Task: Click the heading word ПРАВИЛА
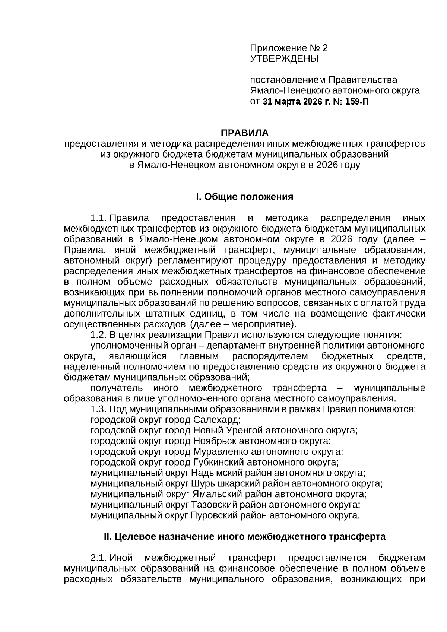point(245,133)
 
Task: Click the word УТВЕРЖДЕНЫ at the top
point(284,59)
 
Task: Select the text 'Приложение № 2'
point(289,48)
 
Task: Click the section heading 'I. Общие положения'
point(245,197)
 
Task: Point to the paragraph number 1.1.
point(99,218)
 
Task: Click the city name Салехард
point(217,420)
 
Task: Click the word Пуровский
point(213,516)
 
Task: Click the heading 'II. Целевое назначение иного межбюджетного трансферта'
point(244,537)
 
